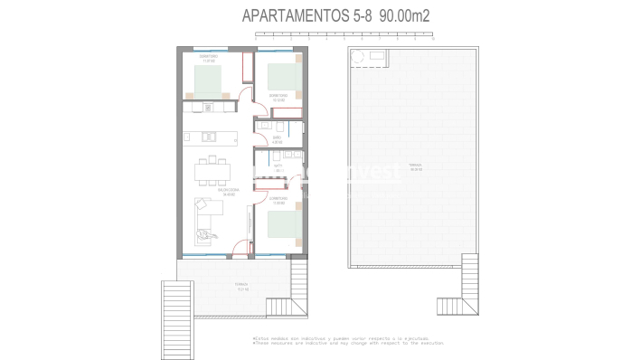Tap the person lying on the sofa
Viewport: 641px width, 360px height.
click(207, 234)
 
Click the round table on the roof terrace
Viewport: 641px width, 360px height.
click(359, 58)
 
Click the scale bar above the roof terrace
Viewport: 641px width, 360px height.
click(348, 35)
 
